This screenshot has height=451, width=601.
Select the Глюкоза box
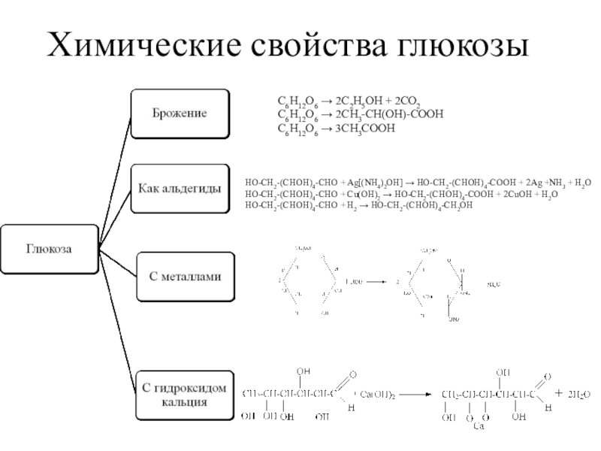pos(50,249)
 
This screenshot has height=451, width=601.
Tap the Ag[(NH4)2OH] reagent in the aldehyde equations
pos(375,183)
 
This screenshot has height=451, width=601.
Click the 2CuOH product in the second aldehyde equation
pos(514,194)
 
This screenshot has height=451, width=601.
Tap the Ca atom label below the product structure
pos(479,427)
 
